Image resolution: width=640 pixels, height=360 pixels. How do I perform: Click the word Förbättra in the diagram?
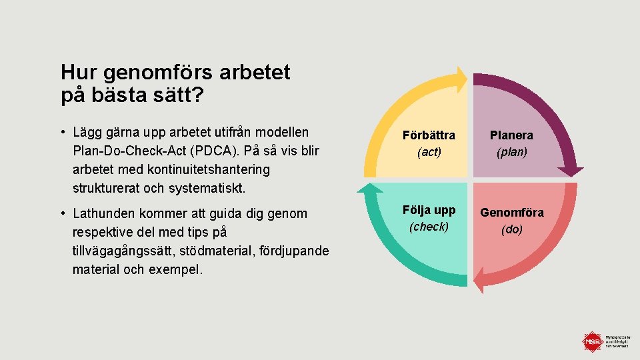429,135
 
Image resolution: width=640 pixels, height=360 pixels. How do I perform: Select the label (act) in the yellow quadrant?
429,152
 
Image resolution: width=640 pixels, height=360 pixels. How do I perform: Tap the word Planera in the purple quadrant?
511,135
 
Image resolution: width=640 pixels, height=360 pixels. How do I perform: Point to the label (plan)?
511,152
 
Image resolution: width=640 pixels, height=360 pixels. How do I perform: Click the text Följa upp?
429,210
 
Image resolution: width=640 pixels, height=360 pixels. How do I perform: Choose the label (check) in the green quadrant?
429,227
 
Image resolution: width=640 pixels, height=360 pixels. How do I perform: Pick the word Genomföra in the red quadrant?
511,213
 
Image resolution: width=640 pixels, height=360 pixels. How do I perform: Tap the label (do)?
511,229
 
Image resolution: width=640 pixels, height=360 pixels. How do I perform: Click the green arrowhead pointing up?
369,188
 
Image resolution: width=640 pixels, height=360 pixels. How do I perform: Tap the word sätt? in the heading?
175,95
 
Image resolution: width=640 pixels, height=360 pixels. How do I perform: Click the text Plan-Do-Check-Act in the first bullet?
137,151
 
